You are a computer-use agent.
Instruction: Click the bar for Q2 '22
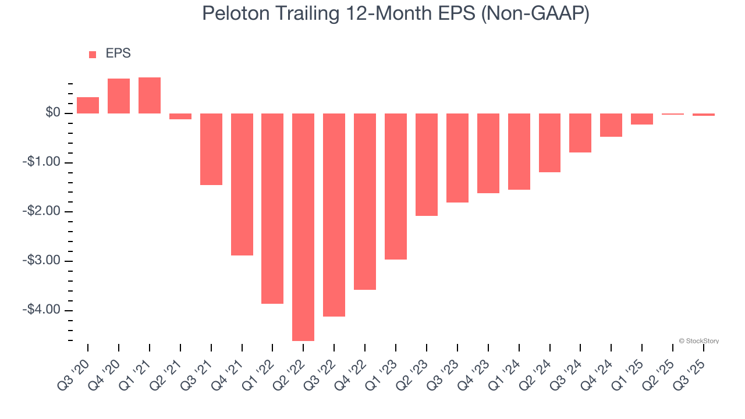click(303, 227)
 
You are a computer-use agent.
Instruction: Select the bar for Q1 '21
click(150, 95)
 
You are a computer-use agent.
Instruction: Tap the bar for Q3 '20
click(88, 105)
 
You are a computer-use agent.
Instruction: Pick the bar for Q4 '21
click(242, 184)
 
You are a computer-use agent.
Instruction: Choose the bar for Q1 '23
click(396, 186)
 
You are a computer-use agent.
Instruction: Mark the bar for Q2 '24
click(549, 143)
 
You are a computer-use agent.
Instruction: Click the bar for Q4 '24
click(611, 125)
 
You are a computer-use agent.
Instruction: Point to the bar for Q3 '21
click(211, 149)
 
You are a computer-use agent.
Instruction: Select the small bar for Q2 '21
click(180, 116)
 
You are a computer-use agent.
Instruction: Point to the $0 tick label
click(53, 113)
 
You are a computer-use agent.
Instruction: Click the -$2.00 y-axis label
click(41, 211)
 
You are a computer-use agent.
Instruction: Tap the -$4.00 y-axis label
click(41, 310)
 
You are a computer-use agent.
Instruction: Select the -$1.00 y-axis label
click(41, 162)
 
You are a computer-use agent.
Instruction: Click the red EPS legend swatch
click(93, 55)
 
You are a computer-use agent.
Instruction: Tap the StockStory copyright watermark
click(698, 341)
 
